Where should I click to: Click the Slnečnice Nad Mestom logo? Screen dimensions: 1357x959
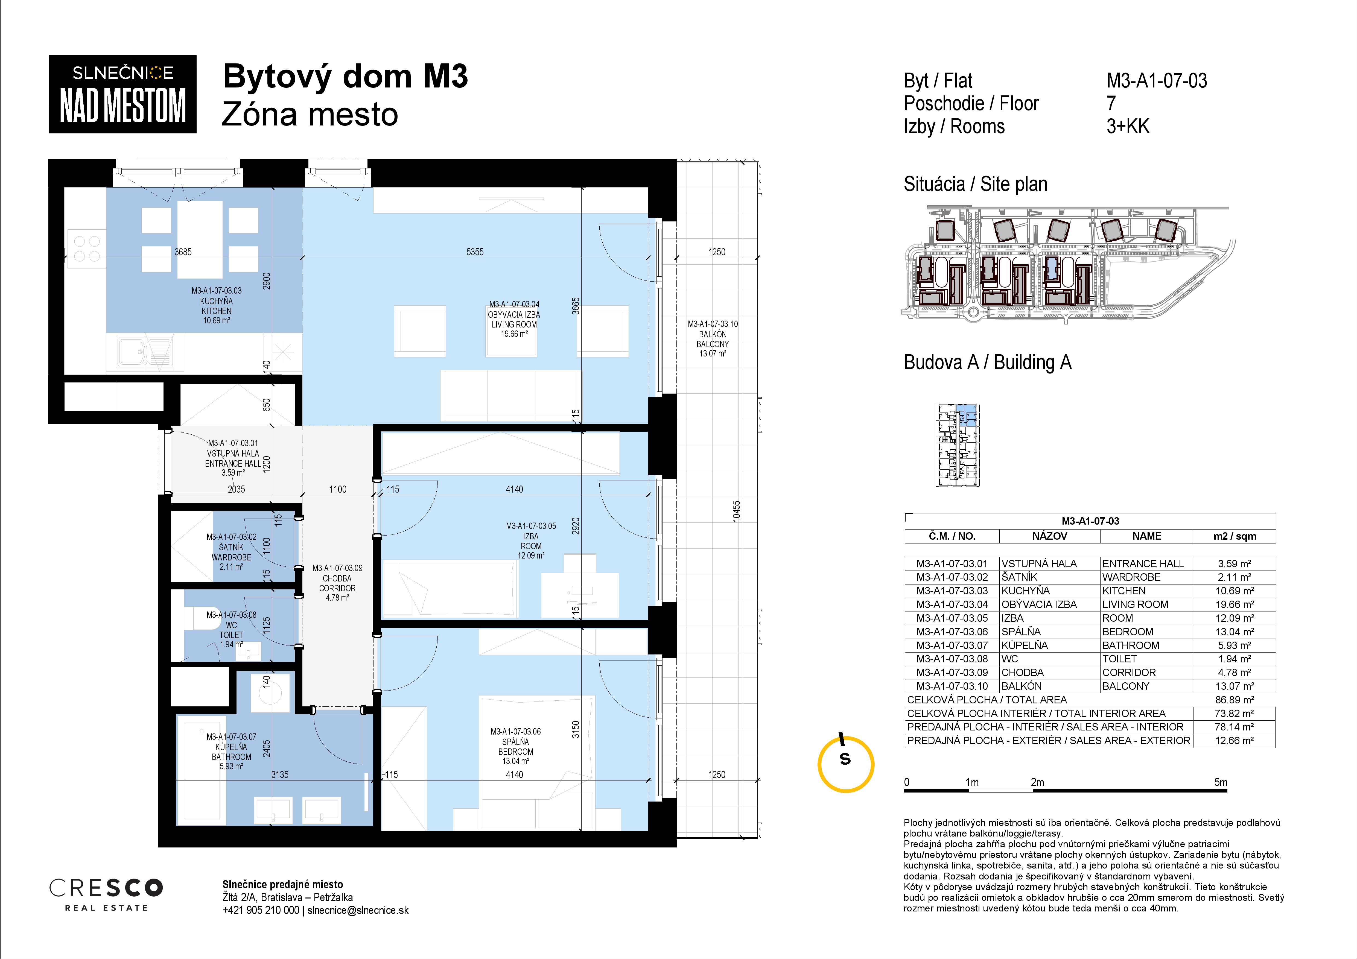coord(122,94)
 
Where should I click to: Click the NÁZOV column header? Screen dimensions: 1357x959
coord(1050,536)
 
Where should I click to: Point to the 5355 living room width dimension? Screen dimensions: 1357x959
coord(475,252)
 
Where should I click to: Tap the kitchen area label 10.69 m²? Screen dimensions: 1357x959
coord(216,321)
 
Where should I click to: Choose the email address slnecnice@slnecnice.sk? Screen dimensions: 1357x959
coord(358,911)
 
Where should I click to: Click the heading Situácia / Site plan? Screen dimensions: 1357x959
coord(975,184)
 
